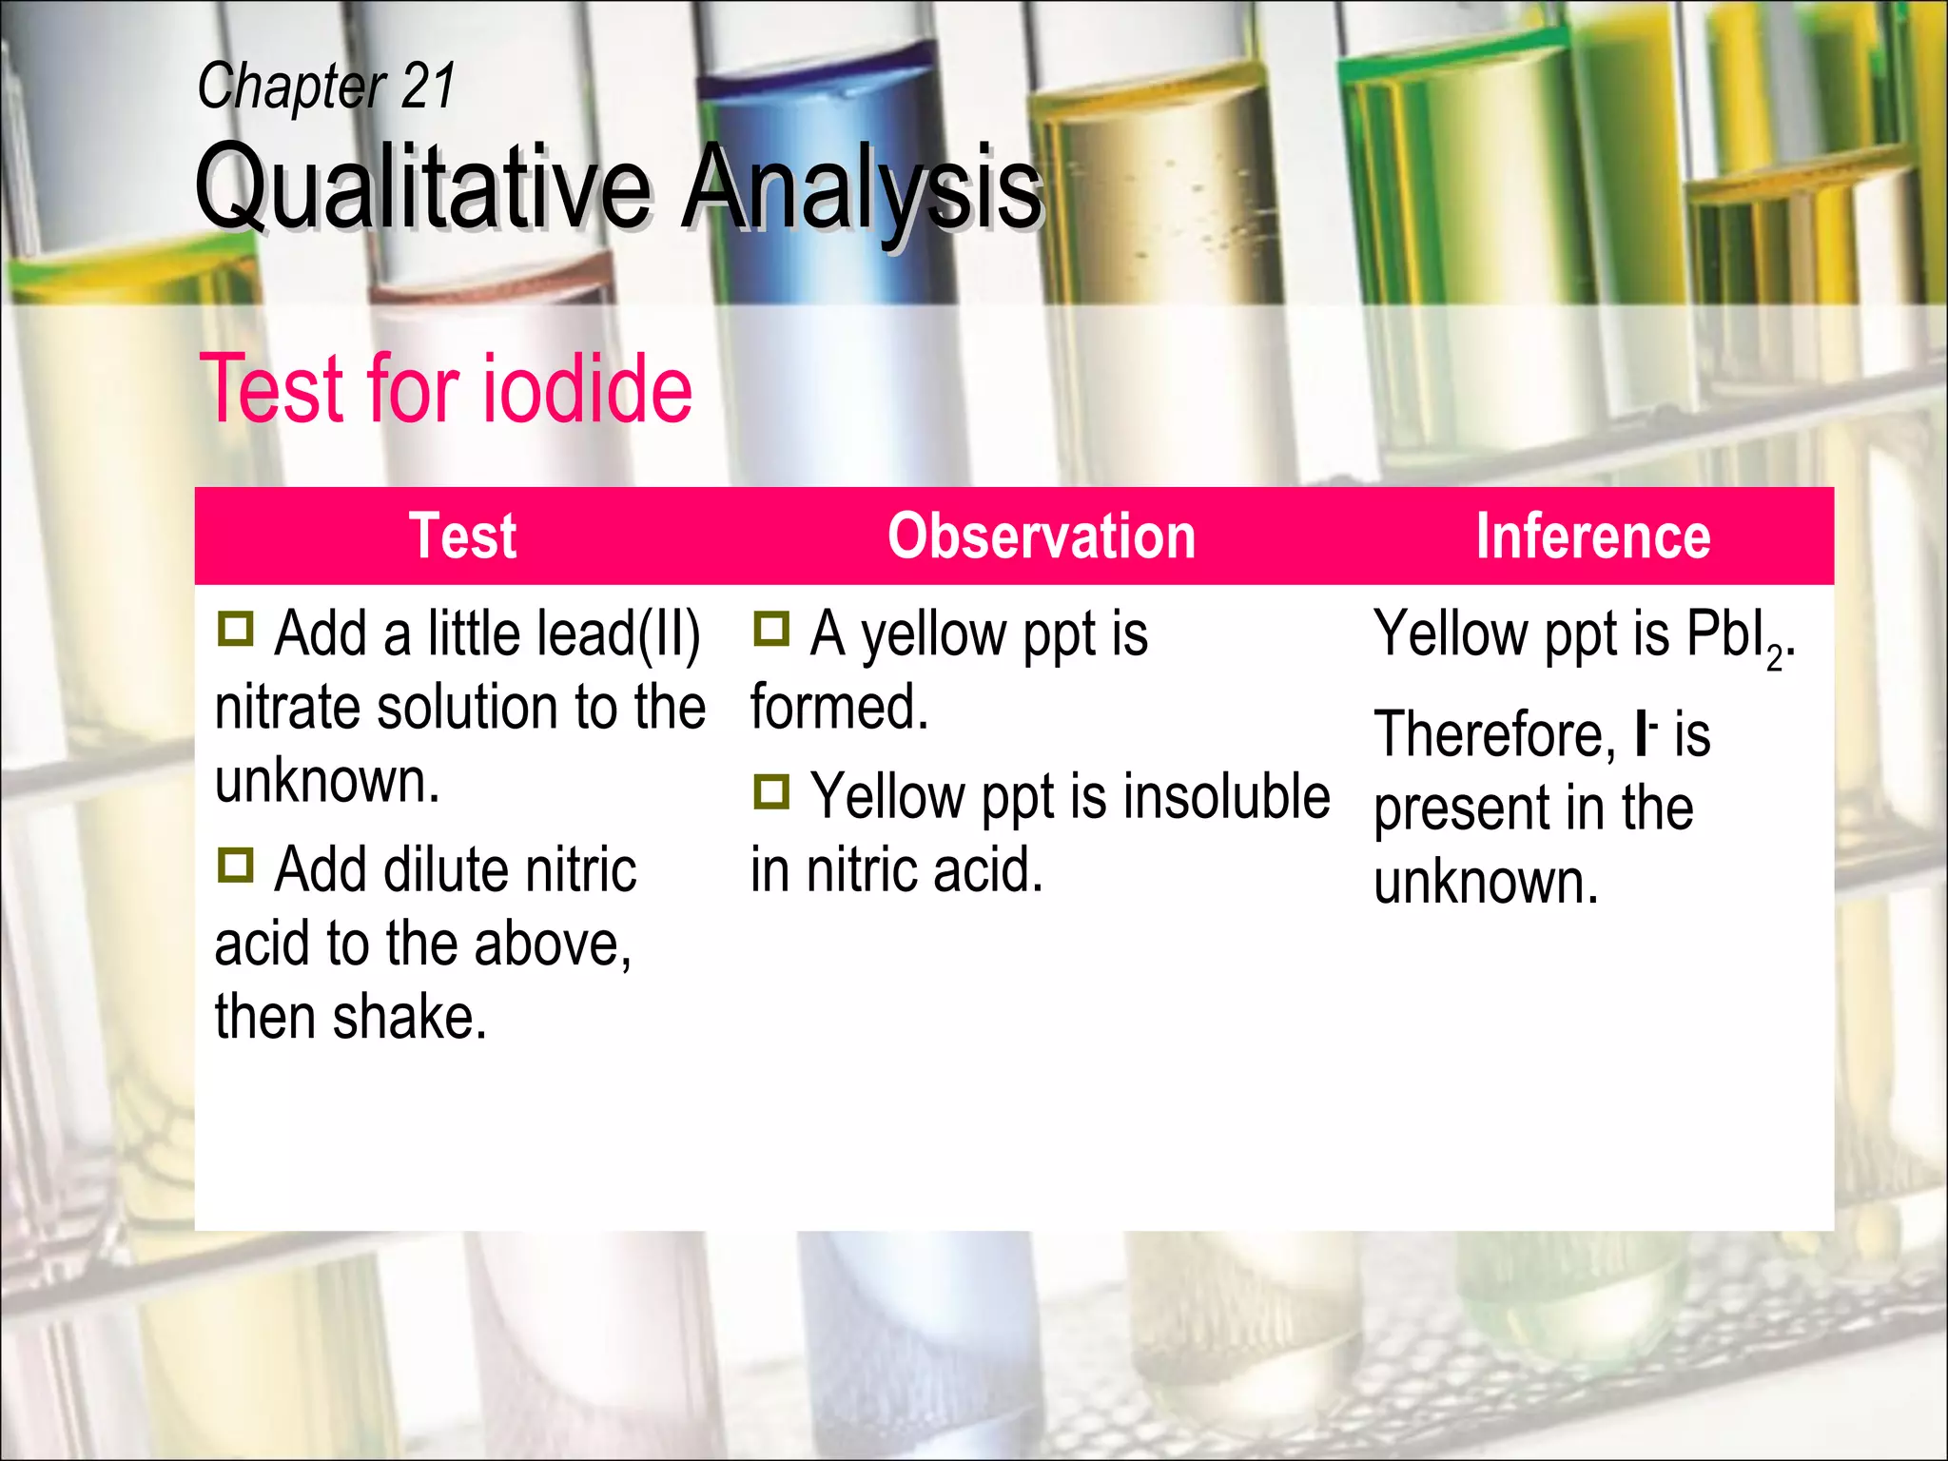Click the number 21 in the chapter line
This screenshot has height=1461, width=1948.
click(x=428, y=87)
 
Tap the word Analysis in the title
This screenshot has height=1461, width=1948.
click(x=862, y=187)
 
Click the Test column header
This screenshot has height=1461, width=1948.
click(x=462, y=536)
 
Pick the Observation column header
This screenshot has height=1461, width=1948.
click(x=1042, y=536)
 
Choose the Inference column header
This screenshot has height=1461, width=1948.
click(x=1592, y=536)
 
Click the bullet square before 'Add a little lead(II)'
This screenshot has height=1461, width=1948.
click(x=235, y=629)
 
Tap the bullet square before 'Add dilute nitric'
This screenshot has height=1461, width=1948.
click(x=235, y=865)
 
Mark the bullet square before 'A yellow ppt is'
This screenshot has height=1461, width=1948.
click(x=771, y=629)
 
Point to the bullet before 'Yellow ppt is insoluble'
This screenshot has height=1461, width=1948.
click(x=771, y=791)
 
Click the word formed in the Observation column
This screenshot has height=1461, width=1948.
click(x=838, y=708)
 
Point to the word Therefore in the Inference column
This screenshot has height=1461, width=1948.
click(x=1494, y=735)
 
